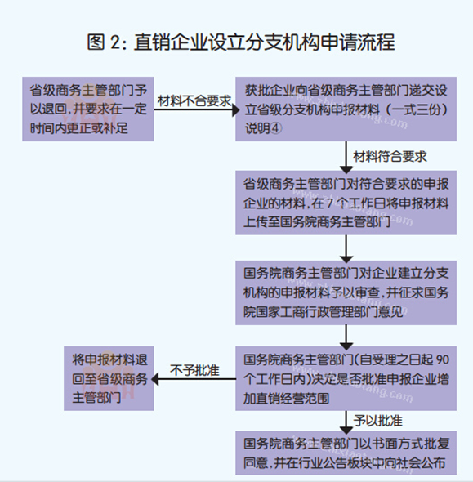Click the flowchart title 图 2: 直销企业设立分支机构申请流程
pos(241,42)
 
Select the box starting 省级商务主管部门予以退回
pos(88,109)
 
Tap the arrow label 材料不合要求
pos(194,100)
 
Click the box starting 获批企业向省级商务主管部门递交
pos(346,109)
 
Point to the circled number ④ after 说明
pos(275,128)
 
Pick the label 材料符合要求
pos(390,157)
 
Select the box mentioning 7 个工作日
pos(346,203)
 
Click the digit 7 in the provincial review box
pos(330,203)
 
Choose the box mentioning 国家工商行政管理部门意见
pos(346,292)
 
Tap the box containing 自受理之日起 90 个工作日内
pos(346,378)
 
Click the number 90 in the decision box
pos(443,359)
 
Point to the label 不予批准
pos(194,370)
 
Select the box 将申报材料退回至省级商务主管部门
pos(109,378)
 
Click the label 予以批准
pos(377,421)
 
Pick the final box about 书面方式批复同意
pos(346,453)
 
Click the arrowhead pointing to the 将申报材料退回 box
pos(155,379)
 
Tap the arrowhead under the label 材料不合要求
pos(236,109)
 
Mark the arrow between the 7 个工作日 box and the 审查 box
pos(346,248)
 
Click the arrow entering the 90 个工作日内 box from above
pos(346,337)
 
